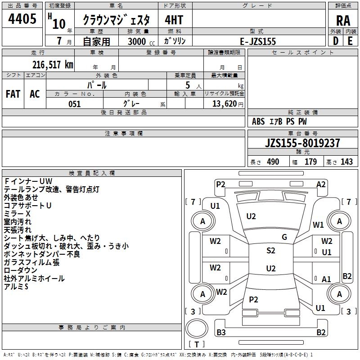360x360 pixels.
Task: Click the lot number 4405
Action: coord(22,20)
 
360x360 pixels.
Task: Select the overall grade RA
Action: coord(343,21)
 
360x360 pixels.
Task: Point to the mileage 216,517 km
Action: coord(53,64)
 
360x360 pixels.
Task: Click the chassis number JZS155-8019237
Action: coord(302,143)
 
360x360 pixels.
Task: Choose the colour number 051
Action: coord(74,104)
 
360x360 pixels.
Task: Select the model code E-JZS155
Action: coord(258,41)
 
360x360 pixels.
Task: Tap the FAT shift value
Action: coord(13,94)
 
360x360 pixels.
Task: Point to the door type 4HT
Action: coord(174,20)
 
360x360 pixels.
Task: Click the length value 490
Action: coord(273,162)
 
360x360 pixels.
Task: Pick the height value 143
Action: coord(346,162)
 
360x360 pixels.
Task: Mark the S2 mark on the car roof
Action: coord(271,251)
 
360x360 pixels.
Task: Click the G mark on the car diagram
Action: coord(284,237)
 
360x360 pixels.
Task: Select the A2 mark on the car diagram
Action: coord(321,184)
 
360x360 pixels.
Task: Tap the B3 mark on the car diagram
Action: coord(221,333)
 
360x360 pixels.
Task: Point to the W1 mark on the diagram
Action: coord(319,225)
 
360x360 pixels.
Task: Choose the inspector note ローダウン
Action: coord(21,270)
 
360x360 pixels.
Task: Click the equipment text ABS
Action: coord(258,121)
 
